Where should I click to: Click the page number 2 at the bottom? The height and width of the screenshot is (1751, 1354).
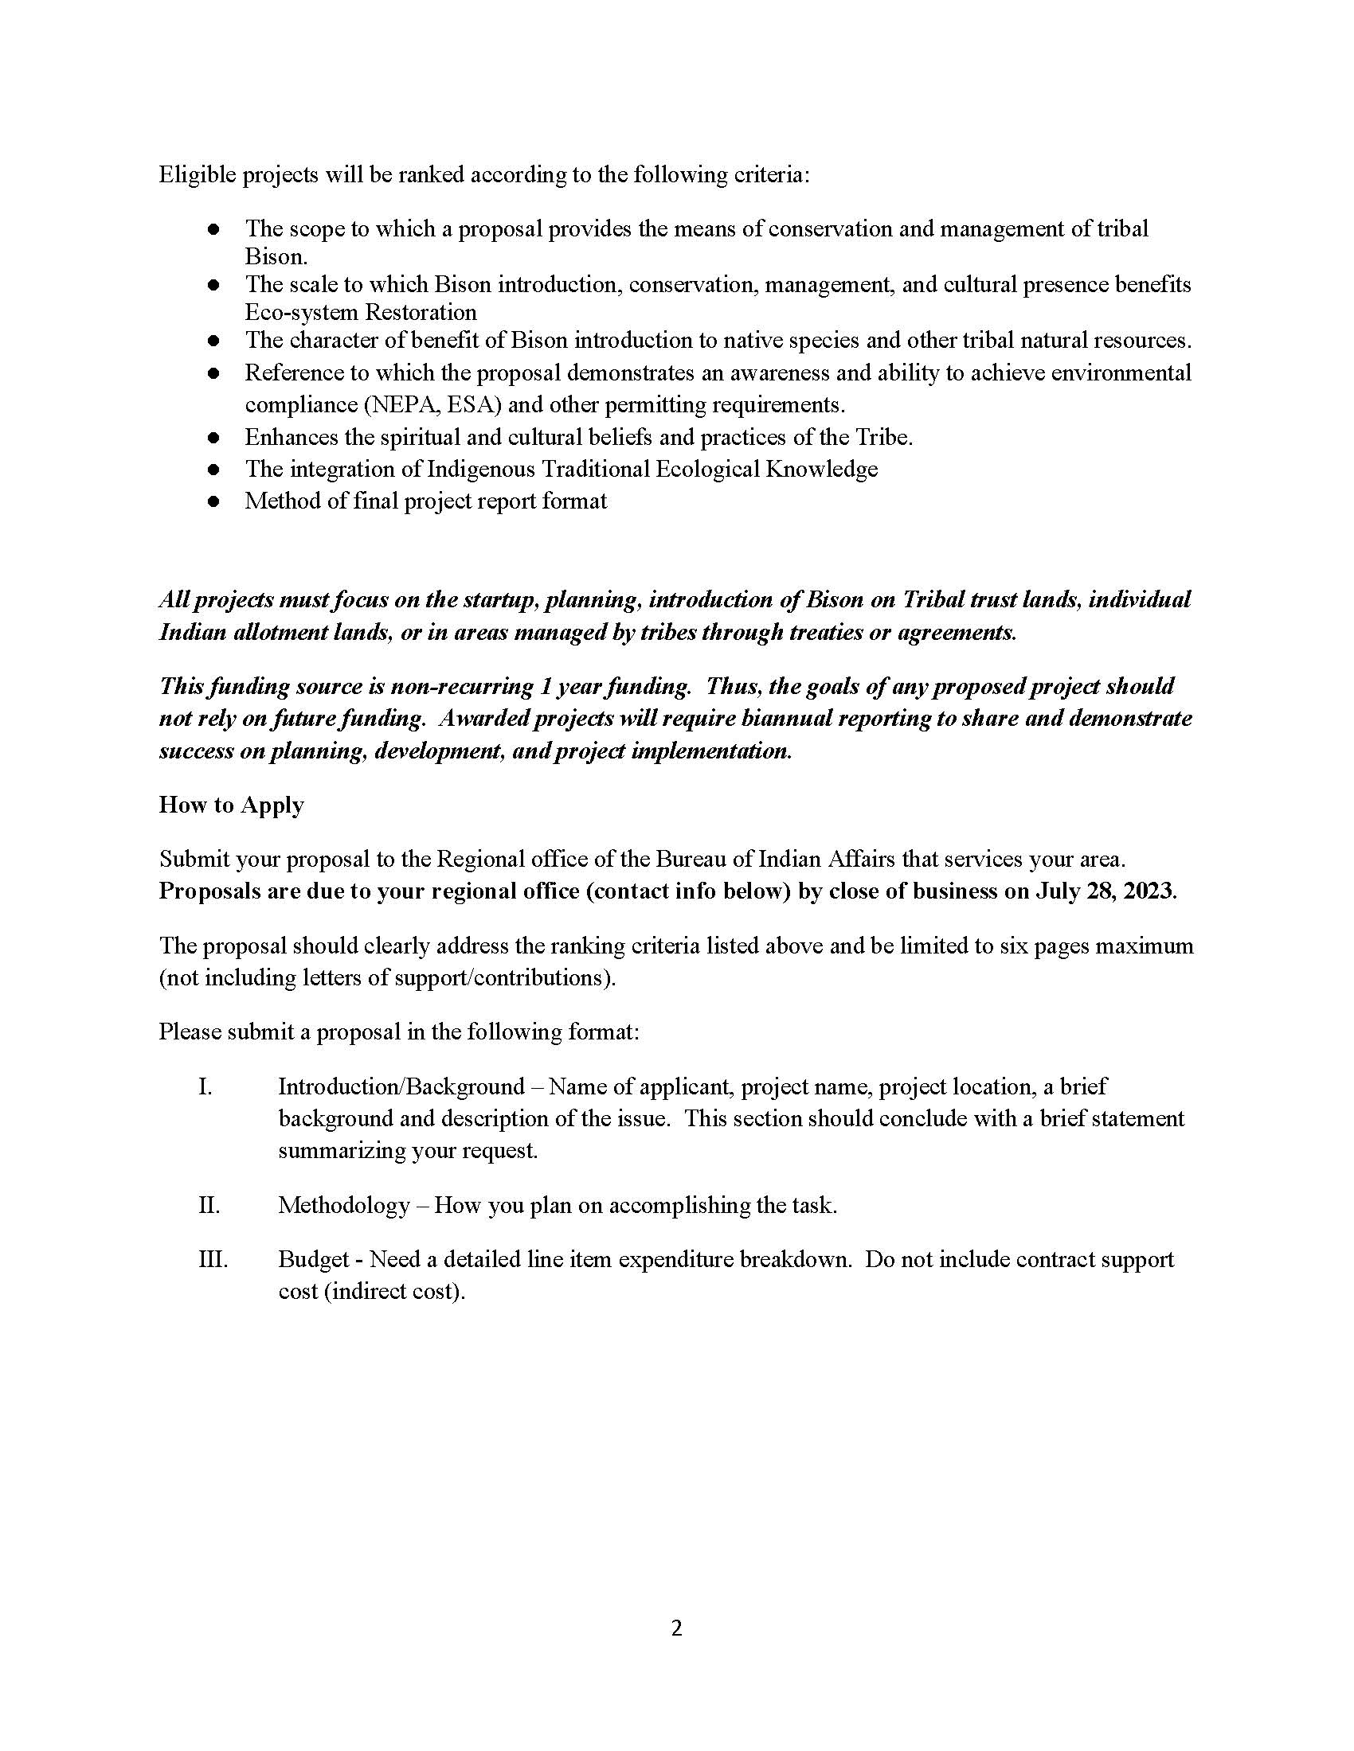676,1628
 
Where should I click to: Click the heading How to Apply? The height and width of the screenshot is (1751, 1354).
231,805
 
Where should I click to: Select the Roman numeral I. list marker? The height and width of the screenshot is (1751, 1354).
205,1087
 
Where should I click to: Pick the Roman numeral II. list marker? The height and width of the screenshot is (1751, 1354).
209,1205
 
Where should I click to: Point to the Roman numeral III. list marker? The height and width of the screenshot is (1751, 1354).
213,1260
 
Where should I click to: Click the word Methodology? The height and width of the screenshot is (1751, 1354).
343,1205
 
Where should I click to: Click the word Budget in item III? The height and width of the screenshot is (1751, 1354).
314,1260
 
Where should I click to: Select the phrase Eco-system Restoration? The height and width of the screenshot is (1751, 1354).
360,312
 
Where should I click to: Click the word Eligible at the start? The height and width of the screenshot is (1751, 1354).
197,175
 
